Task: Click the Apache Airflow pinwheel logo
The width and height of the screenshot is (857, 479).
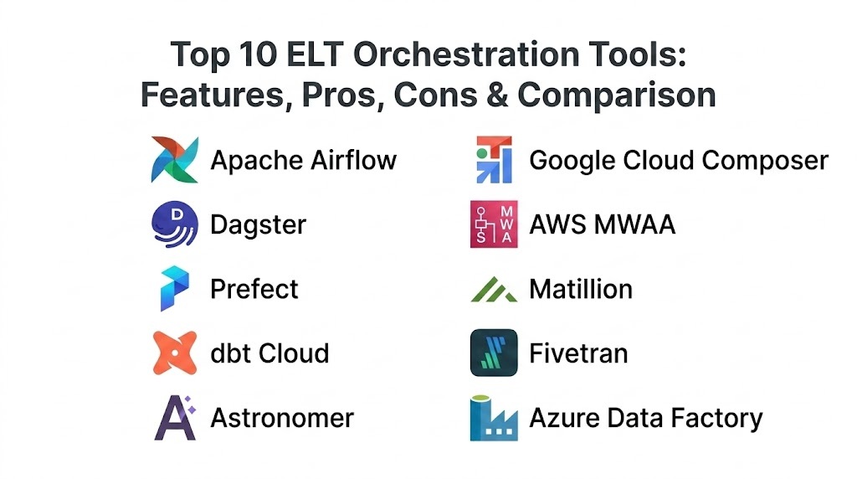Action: [x=174, y=160]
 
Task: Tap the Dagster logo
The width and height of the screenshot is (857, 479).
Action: [x=174, y=224]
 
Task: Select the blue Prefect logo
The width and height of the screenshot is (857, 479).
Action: [x=174, y=288]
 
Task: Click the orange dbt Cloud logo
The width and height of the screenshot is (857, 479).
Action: [x=174, y=353]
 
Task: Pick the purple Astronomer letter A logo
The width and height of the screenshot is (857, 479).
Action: [x=175, y=417]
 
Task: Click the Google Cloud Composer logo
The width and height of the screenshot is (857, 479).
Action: [x=494, y=160]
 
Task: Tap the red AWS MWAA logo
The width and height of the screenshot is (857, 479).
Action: [x=494, y=224]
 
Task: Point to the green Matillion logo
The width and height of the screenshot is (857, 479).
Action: [x=494, y=290]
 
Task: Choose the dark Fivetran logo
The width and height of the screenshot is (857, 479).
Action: [x=494, y=353]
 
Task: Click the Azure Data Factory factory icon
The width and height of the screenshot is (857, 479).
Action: [x=494, y=418]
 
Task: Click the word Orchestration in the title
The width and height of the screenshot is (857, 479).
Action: [x=465, y=54]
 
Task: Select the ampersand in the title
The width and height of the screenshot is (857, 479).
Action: [x=496, y=95]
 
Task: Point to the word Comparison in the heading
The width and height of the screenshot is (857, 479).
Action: [x=617, y=95]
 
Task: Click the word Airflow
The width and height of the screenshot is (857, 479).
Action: [x=353, y=160]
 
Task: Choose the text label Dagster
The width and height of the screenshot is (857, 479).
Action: [x=258, y=225]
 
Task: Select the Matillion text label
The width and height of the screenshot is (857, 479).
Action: [x=581, y=289]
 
